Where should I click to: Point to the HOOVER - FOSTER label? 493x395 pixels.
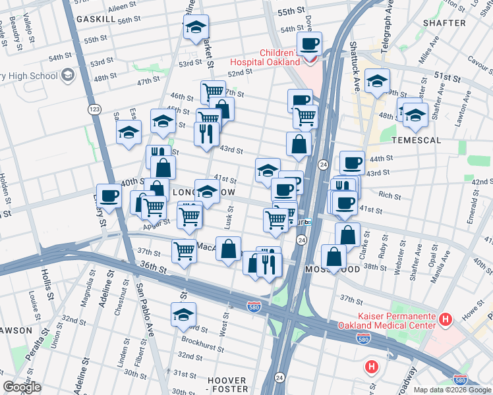[x=227, y=385]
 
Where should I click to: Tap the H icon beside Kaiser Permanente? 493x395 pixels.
[x=446, y=320]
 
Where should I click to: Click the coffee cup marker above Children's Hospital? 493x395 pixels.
[x=309, y=44]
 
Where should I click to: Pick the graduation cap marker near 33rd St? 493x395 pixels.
[x=184, y=315]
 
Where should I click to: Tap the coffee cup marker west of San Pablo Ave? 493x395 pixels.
[x=109, y=196]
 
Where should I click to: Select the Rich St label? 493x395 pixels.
[x=390, y=196]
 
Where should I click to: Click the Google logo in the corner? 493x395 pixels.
[x=22, y=388]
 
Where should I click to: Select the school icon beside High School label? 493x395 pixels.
[x=67, y=76]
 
